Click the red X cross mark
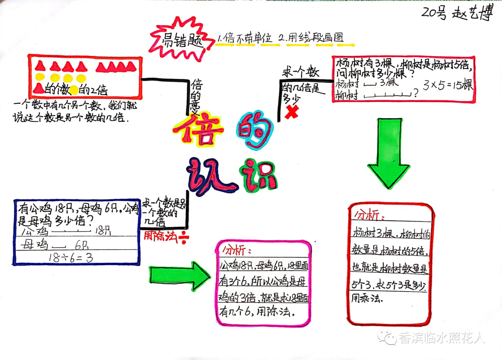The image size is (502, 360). click(291, 112)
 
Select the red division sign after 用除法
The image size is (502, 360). click(185, 238)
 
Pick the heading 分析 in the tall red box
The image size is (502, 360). click(370, 215)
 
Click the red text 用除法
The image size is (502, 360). click(160, 236)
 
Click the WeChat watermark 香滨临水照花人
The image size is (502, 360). click(442, 338)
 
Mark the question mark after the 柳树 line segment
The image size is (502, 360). click(415, 94)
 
